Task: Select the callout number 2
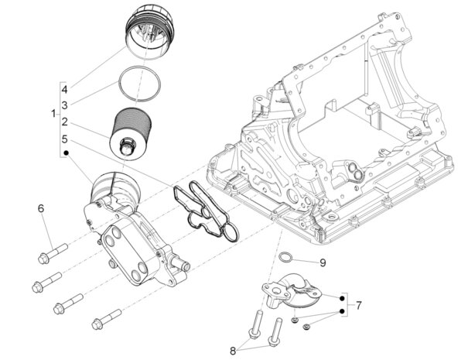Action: pos(66,122)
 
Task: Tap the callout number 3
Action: pos(66,105)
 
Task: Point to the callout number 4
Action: pos(66,87)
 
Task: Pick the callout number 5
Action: pos(66,139)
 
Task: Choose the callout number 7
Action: pos(358,306)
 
